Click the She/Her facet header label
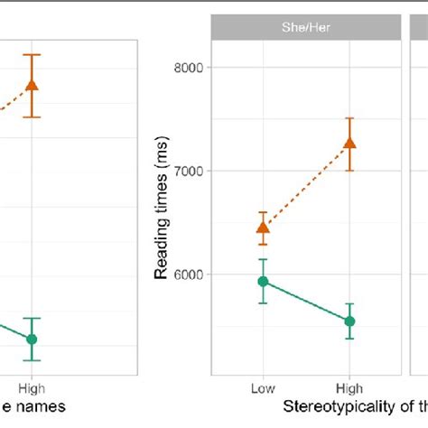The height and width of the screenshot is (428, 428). pos(306,27)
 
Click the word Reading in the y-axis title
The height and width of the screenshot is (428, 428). pos(162,249)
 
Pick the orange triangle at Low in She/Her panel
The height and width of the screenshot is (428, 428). pos(263,228)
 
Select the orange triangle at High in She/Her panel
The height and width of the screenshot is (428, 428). pos(349,143)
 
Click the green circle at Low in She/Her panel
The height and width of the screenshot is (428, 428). pos(263,282)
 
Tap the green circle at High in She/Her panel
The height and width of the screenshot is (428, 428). pos(349,321)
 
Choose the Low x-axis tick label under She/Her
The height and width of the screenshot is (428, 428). pos(263,387)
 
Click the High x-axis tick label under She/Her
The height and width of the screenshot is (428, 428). pos(349,387)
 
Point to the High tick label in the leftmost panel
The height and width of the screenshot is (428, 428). pos(33,387)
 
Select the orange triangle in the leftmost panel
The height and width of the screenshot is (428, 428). pos(33,85)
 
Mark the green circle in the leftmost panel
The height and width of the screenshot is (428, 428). pos(33,340)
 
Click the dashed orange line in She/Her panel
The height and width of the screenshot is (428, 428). pos(306,185)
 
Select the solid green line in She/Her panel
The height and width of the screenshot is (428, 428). pos(306,302)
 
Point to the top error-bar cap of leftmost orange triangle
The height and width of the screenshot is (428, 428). pos(33,54)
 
